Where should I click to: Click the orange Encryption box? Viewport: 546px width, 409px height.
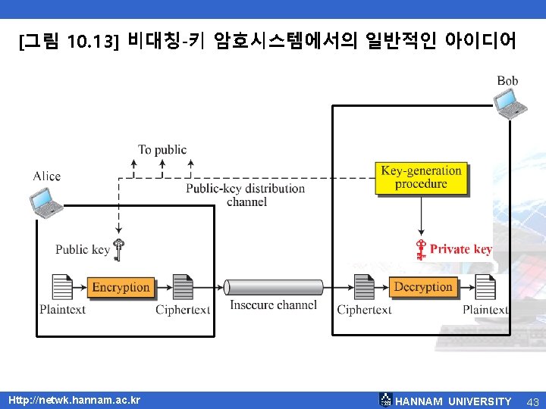121,287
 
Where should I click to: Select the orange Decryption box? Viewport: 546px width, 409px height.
423,287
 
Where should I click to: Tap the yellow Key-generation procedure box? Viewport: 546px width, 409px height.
422,177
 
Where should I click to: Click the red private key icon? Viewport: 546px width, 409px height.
420,249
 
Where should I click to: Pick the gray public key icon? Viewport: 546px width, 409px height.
119,249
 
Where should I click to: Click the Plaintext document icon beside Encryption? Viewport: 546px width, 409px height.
62,287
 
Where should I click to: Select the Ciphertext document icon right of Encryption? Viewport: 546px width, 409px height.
183,287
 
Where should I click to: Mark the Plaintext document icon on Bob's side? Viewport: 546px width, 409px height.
485,287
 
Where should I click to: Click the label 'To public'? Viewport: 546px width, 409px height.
162,150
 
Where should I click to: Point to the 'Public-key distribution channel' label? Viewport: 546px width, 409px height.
246,195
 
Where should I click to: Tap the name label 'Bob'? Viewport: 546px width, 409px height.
507,80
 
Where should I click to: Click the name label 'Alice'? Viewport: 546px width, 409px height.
46,176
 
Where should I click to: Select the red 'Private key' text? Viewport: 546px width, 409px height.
461,249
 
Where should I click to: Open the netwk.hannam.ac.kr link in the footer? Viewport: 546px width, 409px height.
74,399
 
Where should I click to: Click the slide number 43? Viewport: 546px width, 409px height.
532,401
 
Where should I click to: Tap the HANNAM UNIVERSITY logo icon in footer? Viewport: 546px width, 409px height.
386,400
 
